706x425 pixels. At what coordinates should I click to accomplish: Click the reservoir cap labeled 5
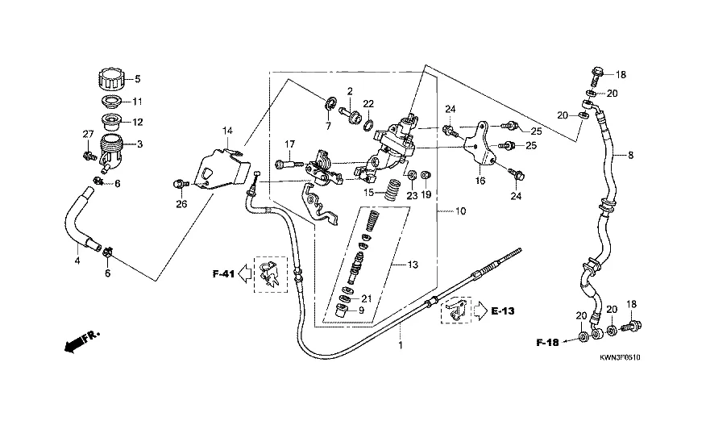pyautogui.click(x=110, y=80)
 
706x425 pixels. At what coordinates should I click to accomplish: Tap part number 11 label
pyautogui.click(x=137, y=102)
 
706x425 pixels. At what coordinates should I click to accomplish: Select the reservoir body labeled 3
pyautogui.click(x=110, y=149)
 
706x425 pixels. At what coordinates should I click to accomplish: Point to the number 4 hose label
pyautogui.click(x=78, y=261)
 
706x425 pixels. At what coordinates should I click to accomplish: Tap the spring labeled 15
pyautogui.click(x=392, y=190)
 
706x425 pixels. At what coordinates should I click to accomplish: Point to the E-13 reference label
pyautogui.click(x=502, y=309)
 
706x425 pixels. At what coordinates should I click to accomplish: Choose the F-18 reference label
pyautogui.click(x=548, y=343)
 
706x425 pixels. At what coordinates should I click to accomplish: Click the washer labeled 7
pyautogui.click(x=329, y=105)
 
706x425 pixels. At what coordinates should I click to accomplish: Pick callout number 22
pyautogui.click(x=368, y=104)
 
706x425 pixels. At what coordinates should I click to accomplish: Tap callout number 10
pyautogui.click(x=460, y=212)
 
